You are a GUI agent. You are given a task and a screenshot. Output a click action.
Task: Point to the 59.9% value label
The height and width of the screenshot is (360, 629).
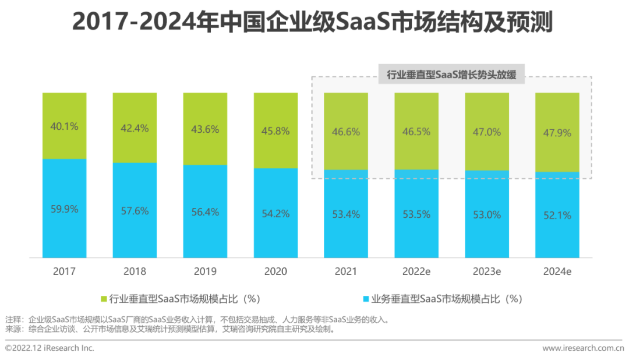click(x=64, y=209)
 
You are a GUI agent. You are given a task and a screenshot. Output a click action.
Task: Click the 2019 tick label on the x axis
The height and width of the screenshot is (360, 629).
click(x=205, y=271)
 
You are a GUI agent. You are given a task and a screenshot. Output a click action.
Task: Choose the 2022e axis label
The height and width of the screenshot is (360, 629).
click(x=416, y=271)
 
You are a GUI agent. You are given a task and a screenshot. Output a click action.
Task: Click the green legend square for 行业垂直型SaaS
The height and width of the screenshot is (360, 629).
click(x=104, y=299)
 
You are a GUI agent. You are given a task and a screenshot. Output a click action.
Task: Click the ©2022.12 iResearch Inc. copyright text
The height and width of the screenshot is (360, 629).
click(x=49, y=348)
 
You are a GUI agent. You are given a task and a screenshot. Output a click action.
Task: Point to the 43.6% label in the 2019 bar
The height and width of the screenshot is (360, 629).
click(x=205, y=129)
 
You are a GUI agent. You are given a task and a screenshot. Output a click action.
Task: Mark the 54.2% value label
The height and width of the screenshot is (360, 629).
click(x=275, y=213)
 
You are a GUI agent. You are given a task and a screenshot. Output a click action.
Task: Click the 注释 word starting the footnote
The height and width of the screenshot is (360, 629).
click(x=12, y=320)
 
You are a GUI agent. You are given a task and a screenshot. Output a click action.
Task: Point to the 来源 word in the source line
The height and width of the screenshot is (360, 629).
click(x=12, y=329)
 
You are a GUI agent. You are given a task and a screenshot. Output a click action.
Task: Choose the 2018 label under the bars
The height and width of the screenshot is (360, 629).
click(x=135, y=271)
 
